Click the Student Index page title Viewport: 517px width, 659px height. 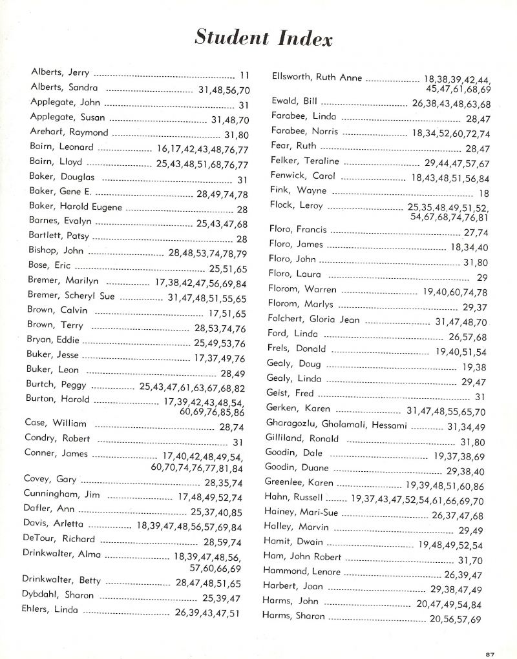pyautogui.click(x=264, y=38)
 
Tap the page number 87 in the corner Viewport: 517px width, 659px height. pyautogui.click(x=491, y=653)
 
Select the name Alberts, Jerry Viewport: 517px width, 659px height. pyautogui.click(x=60, y=72)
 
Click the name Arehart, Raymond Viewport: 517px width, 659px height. pyautogui.click(x=69, y=132)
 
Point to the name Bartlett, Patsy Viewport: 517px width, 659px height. pyautogui.click(x=59, y=236)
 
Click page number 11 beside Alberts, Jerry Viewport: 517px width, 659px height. pyautogui.click(x=244, y=75)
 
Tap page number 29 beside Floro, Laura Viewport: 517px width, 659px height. pyautogui.click(x=481, y=278)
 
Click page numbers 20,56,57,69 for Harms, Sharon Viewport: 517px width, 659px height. pyautogui.click(x=455, y=619)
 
